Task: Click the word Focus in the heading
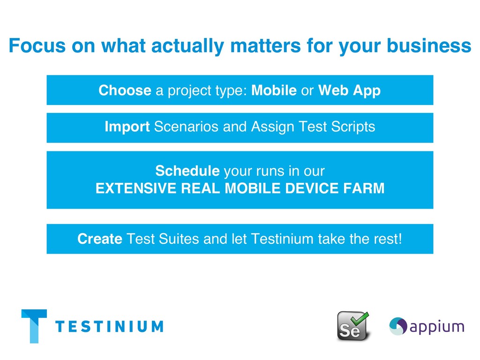[x=37, y=45]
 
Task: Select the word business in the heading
[x=429, y=45]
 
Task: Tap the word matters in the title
[x=265, y=45]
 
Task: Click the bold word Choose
[x=125, y=90]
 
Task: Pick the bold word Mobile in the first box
[x=274, y=90]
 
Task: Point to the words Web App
[x=349, y=91]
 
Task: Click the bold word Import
[x=127, y=127]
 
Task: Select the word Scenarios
[x=186, y=127]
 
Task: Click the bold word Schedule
[x=187, y=171]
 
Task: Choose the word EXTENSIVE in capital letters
[x=136, y=188]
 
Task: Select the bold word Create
[x=100, y=239]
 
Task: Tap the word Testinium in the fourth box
[x=282, y=239]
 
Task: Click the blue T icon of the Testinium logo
[x=34, y=326]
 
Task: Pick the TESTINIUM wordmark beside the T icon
[x=109, y=326]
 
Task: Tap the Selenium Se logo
[x=353, y=326]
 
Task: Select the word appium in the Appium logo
[x=437, y=327]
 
